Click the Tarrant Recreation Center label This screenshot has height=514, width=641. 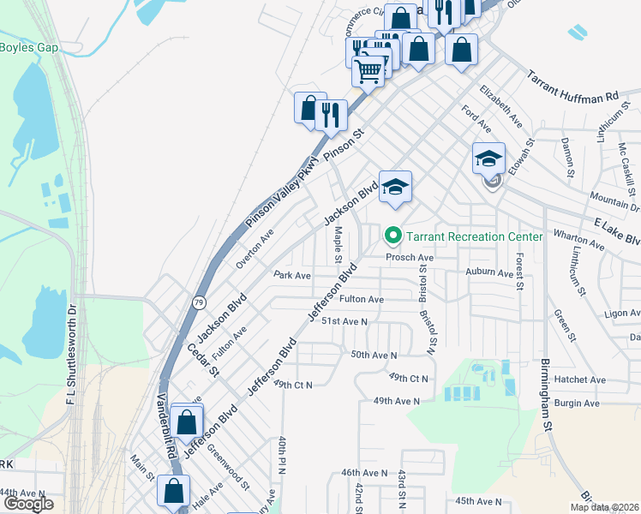(x=474, y=236)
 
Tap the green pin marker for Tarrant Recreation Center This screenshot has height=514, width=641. (x=393, y=234)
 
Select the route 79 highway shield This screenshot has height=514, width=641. (x=199, y=302)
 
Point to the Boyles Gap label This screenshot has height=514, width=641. (x=29, y=47)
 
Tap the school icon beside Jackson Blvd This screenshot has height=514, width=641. (x=395, y=188)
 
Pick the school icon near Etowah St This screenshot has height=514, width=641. (x=488, y=158)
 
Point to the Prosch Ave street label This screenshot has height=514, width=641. (x=410, y=258)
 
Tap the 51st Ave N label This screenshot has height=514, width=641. (x=344, y=321)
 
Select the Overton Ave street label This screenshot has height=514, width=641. (x=255, y=248)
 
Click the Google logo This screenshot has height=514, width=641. (x=28, y=504)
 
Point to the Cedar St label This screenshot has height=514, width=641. (x=204, y=360)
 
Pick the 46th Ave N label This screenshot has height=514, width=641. (x=366, y=472)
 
